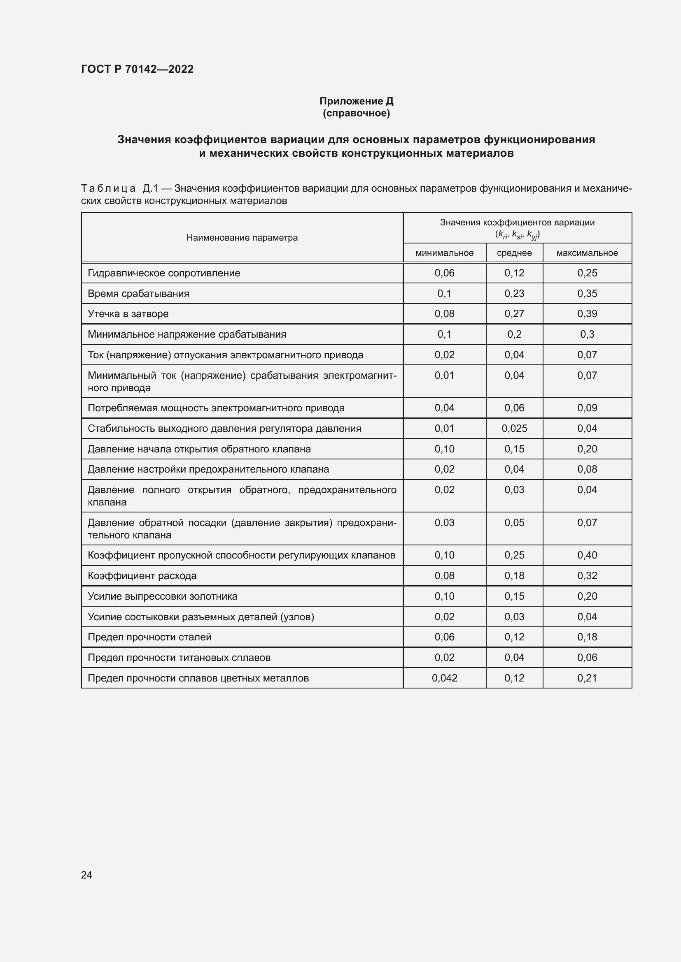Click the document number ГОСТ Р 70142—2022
137,69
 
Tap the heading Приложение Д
356,101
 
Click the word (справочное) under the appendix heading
356,113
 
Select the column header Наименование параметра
242,238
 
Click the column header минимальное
444,253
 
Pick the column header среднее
514,253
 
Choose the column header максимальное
587,253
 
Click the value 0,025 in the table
514,428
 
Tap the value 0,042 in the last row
444,678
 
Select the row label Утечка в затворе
128,314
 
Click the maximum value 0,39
587,314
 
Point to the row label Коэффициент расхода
142,576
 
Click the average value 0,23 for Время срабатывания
514,293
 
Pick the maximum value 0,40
587,555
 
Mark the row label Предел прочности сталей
149,637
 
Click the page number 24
86,875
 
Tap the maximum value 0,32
587,576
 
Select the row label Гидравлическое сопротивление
163,273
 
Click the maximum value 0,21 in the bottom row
587,678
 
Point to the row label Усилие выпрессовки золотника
162,596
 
